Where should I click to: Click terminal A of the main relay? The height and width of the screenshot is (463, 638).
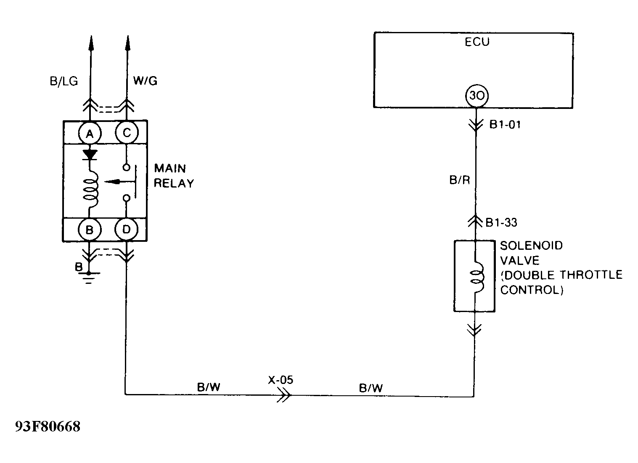[x=89, y=134]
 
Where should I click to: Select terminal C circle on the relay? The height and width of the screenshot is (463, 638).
[x=126, y=133]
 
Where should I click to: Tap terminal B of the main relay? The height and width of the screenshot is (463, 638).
[x=89, y=230]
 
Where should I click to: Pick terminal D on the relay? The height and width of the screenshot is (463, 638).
[x=126, y=230]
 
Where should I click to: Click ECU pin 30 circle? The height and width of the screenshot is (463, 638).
[x=476, y=96]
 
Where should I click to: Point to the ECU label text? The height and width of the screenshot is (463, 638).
[x=477, y=42]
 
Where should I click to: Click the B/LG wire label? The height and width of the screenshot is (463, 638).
[x=64, y=81]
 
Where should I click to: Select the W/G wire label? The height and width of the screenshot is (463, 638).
[x=145, y=81]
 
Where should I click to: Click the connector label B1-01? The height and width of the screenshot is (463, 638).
[x=505, y=125]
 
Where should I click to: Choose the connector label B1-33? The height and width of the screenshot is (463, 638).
[x=501, y=222]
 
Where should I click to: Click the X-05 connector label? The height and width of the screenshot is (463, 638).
[x=281, y=380]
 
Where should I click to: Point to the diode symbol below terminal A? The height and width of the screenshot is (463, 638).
[x=89, y=155]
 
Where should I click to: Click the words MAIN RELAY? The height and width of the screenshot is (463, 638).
[x=174, y=176]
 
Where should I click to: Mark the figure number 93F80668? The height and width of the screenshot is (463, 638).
[x=47, y=427]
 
